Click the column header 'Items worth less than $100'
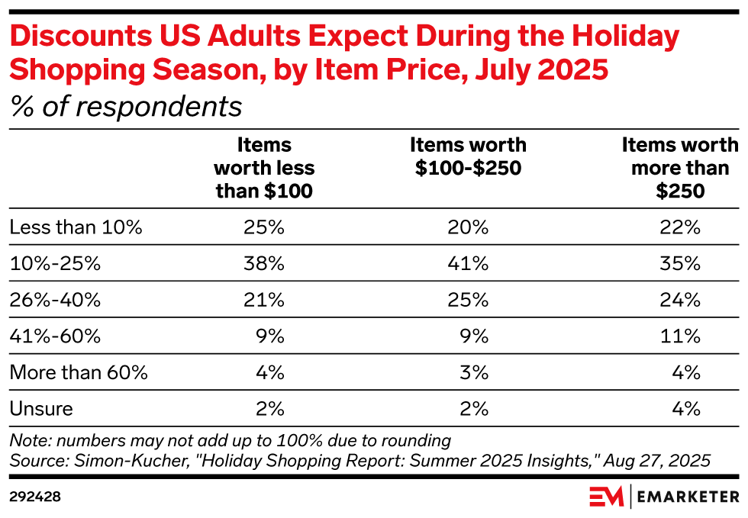click(x=264, y=168)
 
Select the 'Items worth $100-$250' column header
click(x=468, y=156)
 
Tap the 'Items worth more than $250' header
click(x=680, y=168)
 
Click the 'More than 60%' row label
click(x=79, y=372)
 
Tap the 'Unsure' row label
click(x=41, y=409)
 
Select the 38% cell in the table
click(x=265, y=264)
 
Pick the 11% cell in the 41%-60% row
click(x=682, y=336)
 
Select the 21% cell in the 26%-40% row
click(x=265, y=300)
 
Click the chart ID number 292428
click(x=35, y=497)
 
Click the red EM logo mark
click(x=607, y=497)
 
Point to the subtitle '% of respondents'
click(x=126, y=108)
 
